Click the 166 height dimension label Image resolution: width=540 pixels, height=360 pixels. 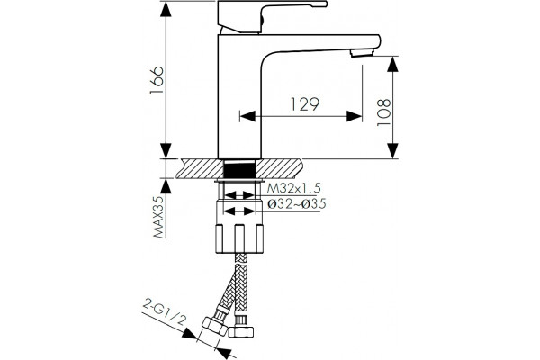pos(157,80)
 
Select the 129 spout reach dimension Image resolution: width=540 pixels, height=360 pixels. pos(305,104)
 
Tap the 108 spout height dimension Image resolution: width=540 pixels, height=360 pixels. pos(384,112)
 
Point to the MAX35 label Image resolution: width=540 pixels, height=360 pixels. pos(158,216)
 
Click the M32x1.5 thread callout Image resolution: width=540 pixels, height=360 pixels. pos(294,188)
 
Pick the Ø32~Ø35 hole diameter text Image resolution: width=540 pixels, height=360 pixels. pos(297,204)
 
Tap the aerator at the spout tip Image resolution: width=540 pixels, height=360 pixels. pos(362,53)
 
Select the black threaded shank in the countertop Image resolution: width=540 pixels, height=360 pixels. pos(239,169)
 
